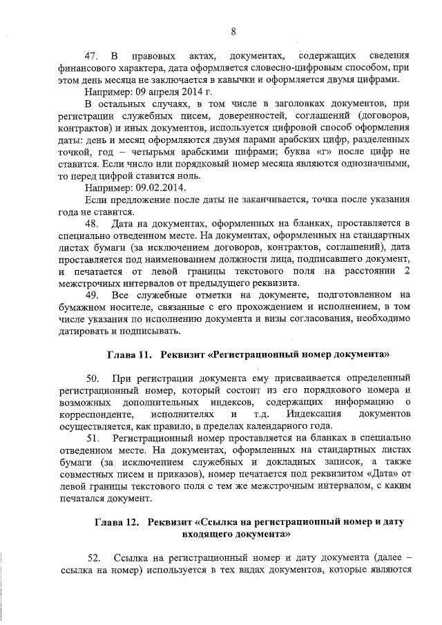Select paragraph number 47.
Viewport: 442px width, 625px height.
click(x=91, y=55)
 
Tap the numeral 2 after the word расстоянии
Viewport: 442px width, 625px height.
click(x=407, y=271)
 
